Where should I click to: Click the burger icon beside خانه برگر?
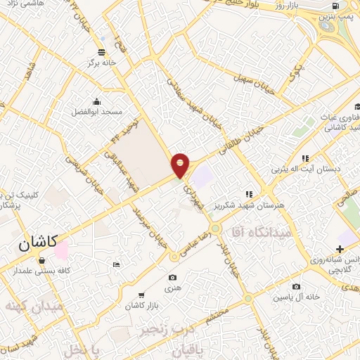(x=103, y=52)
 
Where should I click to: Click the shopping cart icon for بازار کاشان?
(x=141, y=295)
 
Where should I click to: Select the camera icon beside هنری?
(x=174, y=278)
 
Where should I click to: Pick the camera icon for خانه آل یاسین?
(x=296, y=286)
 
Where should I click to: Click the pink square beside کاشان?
(x=61, y=249)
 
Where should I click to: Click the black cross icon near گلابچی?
(x=340, y=249)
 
